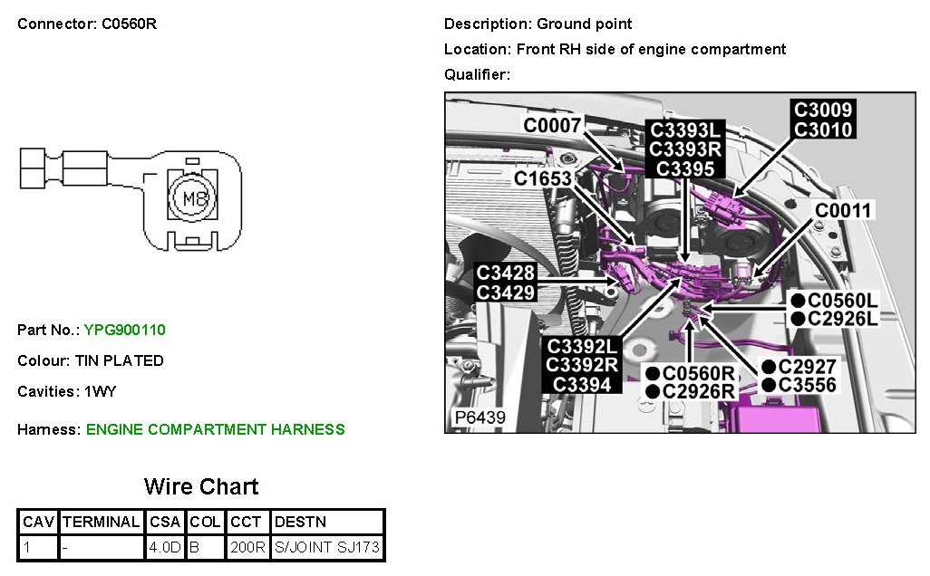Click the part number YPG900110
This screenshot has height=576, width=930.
coord(124,330)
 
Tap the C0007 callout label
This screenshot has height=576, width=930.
coord(552,125)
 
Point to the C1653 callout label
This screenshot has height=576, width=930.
coord(542,178)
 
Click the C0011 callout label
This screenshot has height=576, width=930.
coord(843,211)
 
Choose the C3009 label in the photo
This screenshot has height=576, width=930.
coord(823,110)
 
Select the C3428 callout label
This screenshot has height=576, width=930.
coord(506,272)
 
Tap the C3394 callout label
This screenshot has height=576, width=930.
coord(581,385)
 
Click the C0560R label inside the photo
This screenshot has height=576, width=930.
coord(697,372)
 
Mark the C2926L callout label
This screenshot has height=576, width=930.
coord(843,319)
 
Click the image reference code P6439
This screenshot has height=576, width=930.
coord(480,418)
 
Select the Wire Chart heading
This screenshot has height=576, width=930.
coord(201,486)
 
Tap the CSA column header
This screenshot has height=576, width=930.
coord(165,522)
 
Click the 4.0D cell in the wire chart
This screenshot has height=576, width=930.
coord(165,547)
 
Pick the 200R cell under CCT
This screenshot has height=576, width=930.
coord(247,547)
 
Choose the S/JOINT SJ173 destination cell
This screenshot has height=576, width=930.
coord(326,547)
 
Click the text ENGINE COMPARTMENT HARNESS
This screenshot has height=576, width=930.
coord(215,429)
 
